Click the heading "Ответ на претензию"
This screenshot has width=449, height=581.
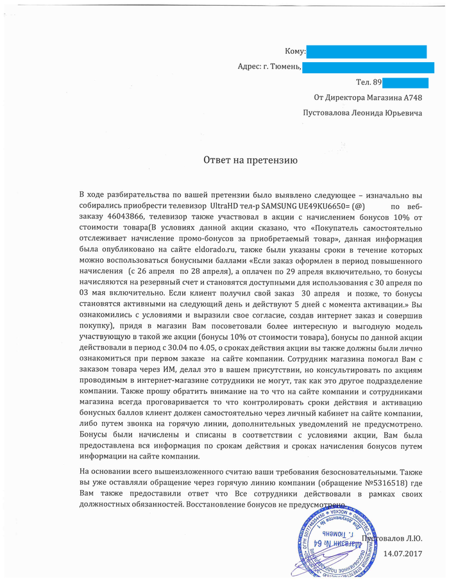click(x=250, y=157)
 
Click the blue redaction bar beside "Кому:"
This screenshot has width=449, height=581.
click(x=366, y=51)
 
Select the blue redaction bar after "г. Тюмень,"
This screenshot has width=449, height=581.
click(x=364, y=67)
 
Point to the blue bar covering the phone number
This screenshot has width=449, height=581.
click(x=405, y=83)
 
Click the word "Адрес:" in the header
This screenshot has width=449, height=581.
click(x=249, y=67)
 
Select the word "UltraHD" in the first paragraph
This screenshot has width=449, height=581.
click(x=226, y=207)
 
